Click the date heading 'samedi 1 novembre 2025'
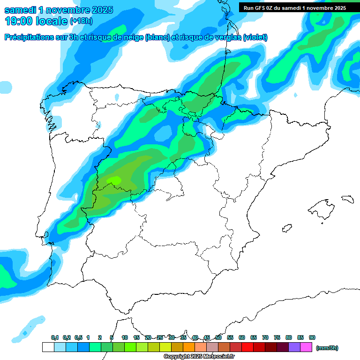[x=59, y=10]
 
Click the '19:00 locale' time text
[x=36, y=21]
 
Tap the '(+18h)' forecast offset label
[x=81, y=21]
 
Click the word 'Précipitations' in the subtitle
[x=29, y=37]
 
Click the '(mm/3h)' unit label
[x=327, y=348]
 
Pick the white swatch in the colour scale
[x=48, y=347]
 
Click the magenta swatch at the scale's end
[x=306, y=347]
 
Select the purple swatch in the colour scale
[x=294, y=347]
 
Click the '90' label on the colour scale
[x=312, y=337]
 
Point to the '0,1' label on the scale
[x=55, y=337]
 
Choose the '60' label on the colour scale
[x=242, y=337]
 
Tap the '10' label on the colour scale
[x=125, y=337]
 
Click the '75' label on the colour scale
[x=277, y=337]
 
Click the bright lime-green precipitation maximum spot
[x=114, y=180]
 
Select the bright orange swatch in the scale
[x=188, y=347]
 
